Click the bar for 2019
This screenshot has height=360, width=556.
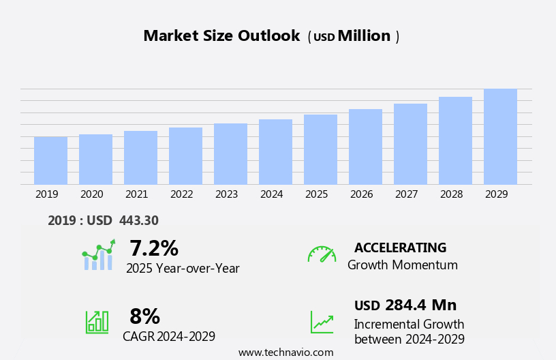click(x=50, y=161)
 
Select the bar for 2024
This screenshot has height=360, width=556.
click(x=275, y=152)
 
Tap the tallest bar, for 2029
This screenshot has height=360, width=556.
click(x=500, y=137)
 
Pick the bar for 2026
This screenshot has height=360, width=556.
click(x=365, y=147)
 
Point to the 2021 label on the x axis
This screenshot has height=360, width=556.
click(x=136, y=194)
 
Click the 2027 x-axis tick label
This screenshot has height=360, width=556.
click(x=406, y=194)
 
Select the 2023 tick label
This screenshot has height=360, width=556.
click(x=226, y=194)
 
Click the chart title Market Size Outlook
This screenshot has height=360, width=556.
click(x=221, y=36)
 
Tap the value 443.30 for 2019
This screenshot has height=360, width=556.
click(x=138, y=221)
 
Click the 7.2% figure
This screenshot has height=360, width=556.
click(x=153, y=248)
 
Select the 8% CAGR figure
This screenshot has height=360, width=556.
click(x=144, y=316)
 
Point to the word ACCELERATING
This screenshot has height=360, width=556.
click(x=400, y=248)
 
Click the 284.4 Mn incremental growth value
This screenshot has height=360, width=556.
click(x=420, y=305)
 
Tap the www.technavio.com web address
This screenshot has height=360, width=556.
click(x=285, y=352)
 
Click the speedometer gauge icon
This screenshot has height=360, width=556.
click(x=322, y=254)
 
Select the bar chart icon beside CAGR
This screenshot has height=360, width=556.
click(x=97, y=321)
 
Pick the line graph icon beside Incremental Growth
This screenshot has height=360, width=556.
click(x=322, y=322)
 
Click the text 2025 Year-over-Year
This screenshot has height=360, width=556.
click(x=183, y=269)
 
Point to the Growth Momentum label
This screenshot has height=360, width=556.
click(x=402, y=265)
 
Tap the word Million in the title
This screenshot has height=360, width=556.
click(x=364, y=36)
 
